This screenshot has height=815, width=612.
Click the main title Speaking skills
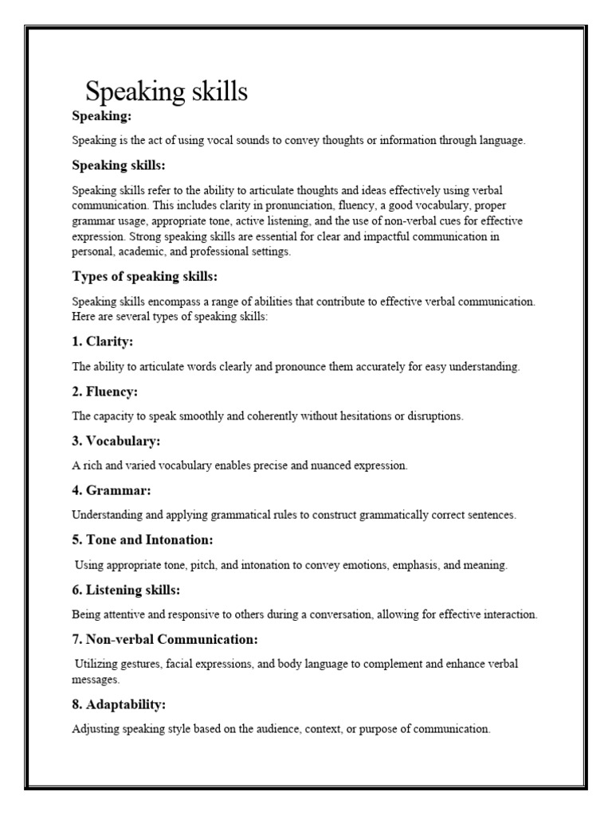click(166, 91)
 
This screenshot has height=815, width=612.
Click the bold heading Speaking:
click(101, 116)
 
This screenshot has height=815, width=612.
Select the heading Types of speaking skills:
click(144, 276)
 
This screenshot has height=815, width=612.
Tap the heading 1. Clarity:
click(103, 341)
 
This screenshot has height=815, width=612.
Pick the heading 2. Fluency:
click(105, 392)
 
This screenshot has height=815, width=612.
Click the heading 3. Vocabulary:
click(116, 441)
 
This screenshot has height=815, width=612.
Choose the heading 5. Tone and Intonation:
click(143, 540)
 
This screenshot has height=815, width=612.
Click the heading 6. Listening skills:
click(126, 589)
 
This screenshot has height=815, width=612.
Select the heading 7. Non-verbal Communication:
click(165, 639)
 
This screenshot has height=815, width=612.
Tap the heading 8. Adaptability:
click(119, 704)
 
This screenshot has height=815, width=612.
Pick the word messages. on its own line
click(95, 680)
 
